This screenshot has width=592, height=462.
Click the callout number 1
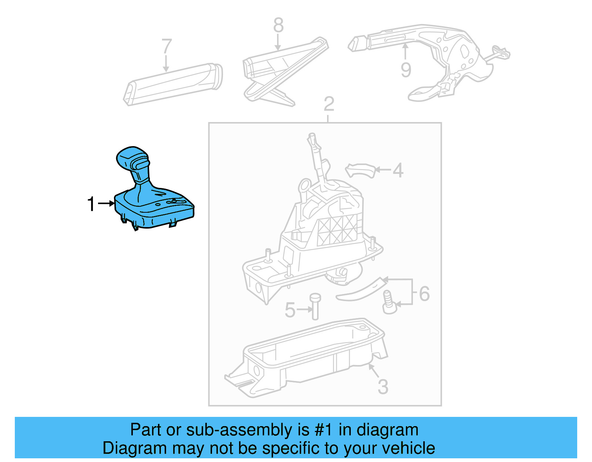(x=91, y=204)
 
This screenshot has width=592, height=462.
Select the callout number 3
(x=383, y=387)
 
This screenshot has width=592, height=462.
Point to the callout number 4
(x=398, y=170)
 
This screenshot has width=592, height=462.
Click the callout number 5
(x=290, y=310)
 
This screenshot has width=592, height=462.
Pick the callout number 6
(x=424, y=294)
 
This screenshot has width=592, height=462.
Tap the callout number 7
(x=167, y=47)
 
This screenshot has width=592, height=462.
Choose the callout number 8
(x=278, y=25)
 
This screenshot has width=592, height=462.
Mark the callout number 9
(x=406, y=70)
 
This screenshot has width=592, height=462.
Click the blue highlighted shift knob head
(x=132, y=159)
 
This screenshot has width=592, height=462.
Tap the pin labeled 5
(x=315, y=306)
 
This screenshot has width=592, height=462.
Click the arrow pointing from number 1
(x=107, y=203)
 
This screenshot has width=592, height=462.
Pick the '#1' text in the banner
(x=324, y=430)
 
